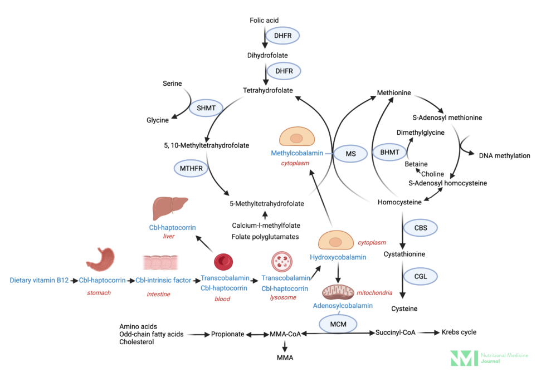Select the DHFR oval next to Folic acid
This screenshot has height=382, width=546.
click(283, 36)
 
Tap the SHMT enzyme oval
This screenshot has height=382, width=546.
click(206, 107)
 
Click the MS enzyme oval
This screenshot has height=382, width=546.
click(350, 153)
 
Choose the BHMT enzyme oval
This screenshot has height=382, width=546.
click(389, 151)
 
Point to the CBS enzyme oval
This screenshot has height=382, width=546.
click(421, 227)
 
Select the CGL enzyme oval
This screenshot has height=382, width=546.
click(421, 275)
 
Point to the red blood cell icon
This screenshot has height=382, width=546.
click(223, 262)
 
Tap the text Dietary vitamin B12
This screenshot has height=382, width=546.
click(39, 280)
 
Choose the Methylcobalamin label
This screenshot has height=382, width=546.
click(296, 153)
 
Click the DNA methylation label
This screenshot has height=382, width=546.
click(504, 156)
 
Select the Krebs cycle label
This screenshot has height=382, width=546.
click(459, 332)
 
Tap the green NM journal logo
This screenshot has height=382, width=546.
click(464, 358)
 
